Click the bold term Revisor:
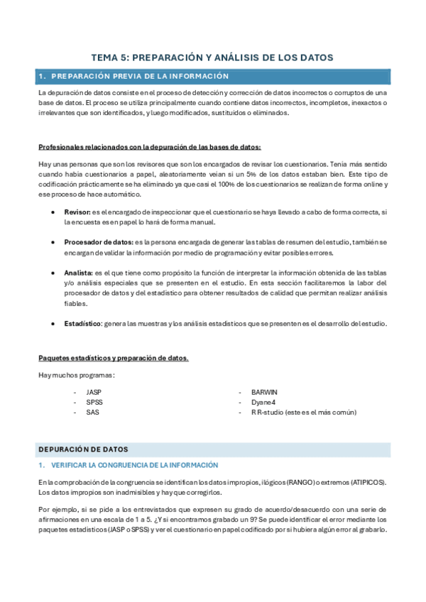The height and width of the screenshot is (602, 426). tap(76, 212)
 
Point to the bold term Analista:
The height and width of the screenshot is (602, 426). tap(77, 273)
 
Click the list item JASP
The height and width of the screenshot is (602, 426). tap(94, 392)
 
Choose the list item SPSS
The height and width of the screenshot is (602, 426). tap(94, 402)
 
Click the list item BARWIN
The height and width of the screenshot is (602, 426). tap(264, 392)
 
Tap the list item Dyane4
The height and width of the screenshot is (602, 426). tap(263, 402)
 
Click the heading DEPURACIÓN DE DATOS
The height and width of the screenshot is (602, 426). tap(83, 449)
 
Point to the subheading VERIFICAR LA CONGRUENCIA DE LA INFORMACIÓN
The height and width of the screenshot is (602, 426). tap(133, 465)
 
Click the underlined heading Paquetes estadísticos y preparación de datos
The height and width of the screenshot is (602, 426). tap(113, 358)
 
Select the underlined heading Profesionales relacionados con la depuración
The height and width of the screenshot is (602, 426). tap(149, 148)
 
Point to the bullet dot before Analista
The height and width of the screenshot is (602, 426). tap(55, 273)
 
